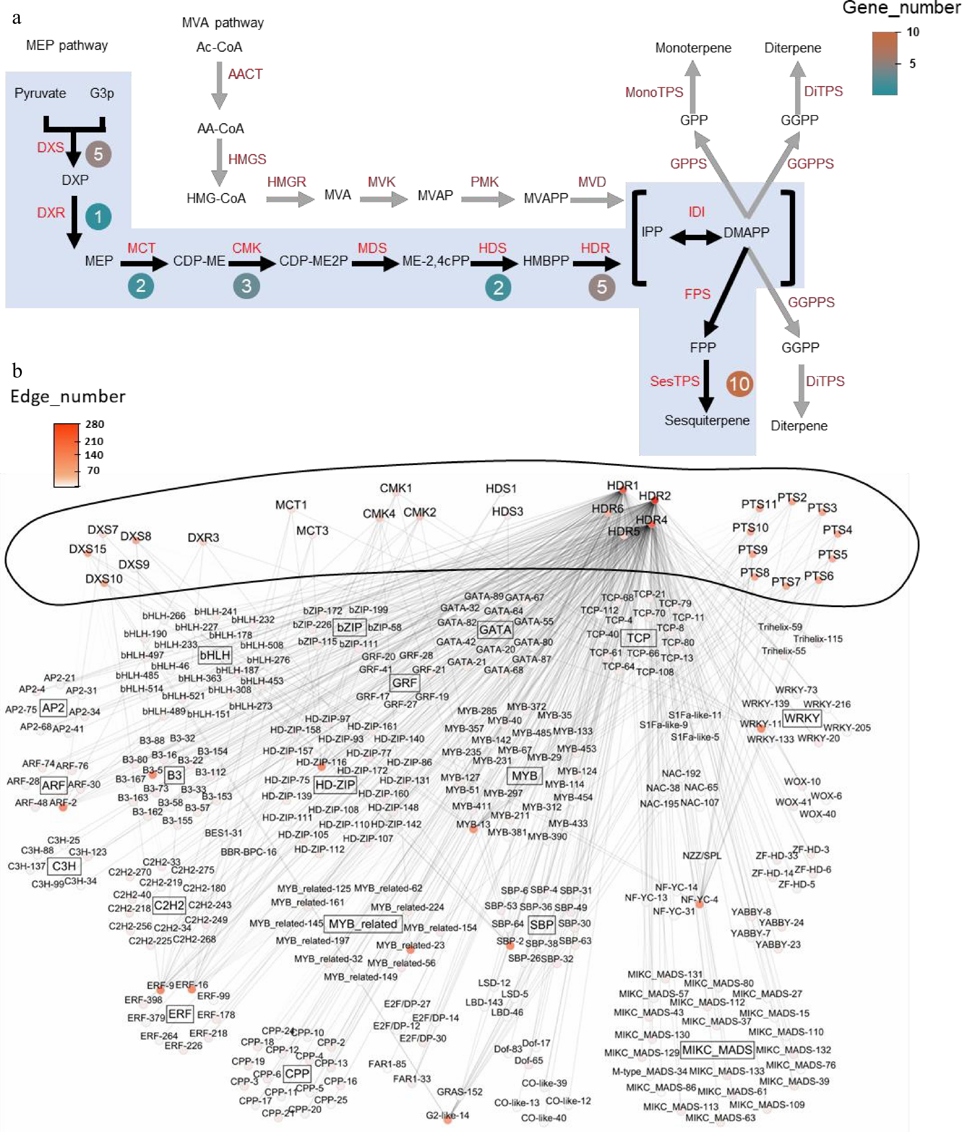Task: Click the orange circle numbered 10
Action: (739, 384)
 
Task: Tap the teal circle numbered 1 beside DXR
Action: (98, 217)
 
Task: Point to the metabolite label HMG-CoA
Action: (216, 198)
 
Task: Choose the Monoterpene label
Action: (693, 48)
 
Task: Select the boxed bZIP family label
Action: (349, 627)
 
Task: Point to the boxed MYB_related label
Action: (363, 923)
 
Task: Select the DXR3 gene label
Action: (203, 538)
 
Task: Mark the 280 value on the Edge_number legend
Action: (95, 424)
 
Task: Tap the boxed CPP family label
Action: (297, 1074)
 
